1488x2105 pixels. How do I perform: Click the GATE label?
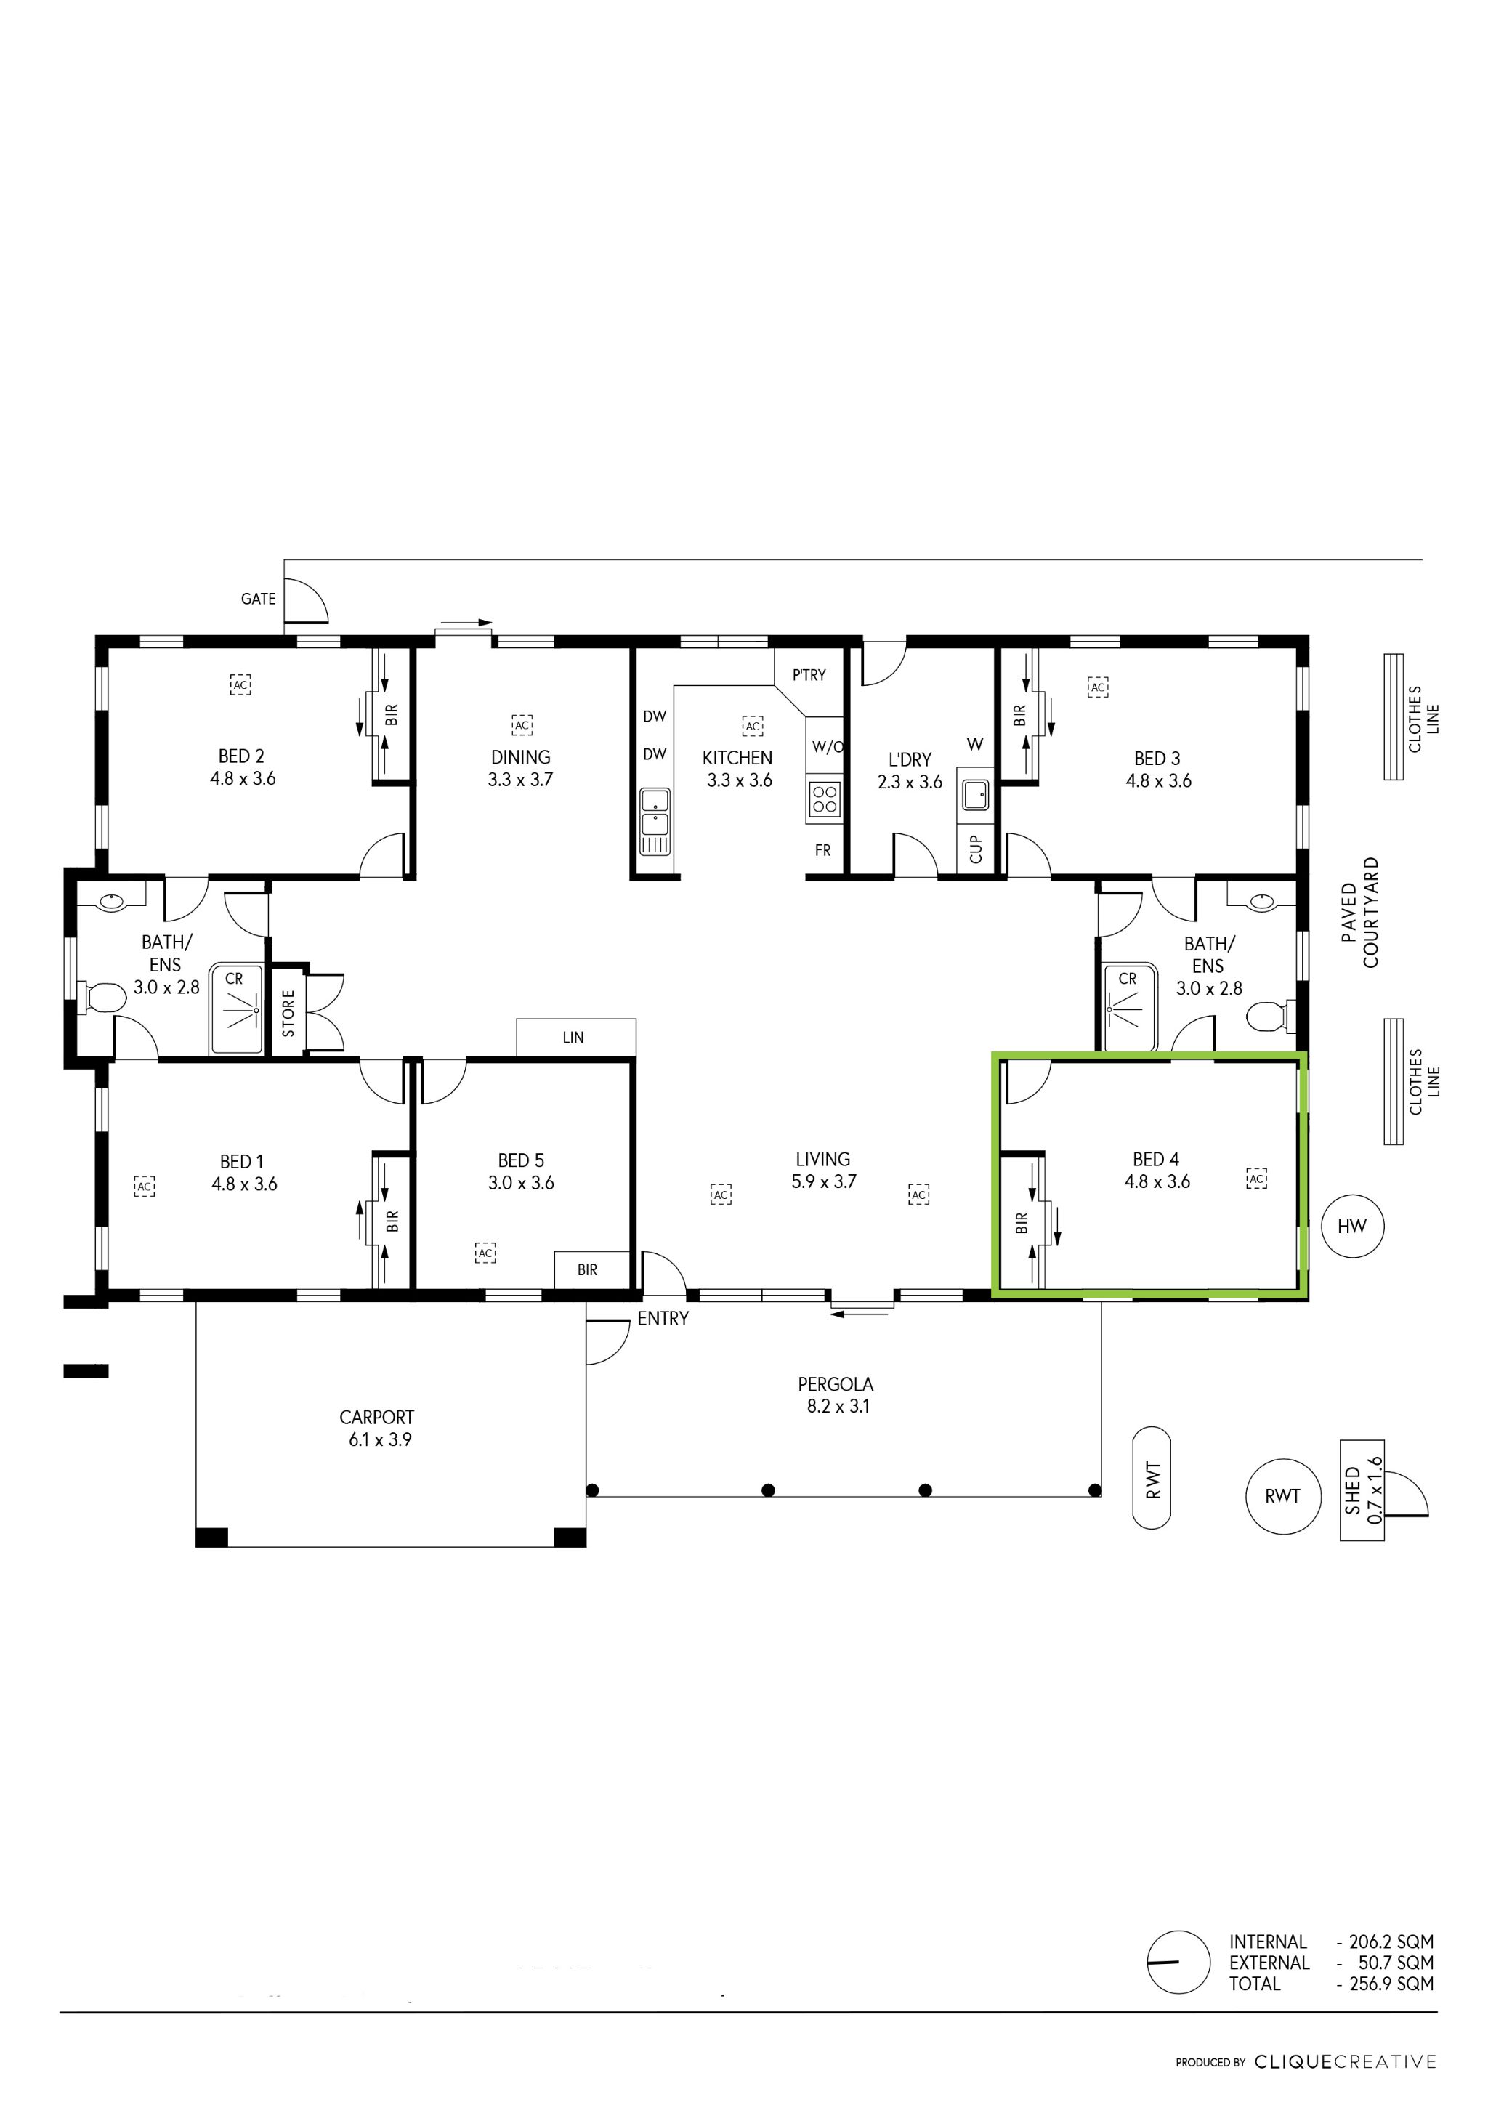point(258,599)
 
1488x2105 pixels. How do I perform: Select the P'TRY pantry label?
point(809,675)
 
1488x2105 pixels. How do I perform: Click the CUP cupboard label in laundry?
point(976,849)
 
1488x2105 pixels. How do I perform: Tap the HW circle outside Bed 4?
point(1351,1226)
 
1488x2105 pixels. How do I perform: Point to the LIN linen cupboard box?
point(575,1037)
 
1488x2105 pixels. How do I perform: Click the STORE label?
point(288,1012)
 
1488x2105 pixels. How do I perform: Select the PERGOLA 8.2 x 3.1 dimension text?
point(837,1407)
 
